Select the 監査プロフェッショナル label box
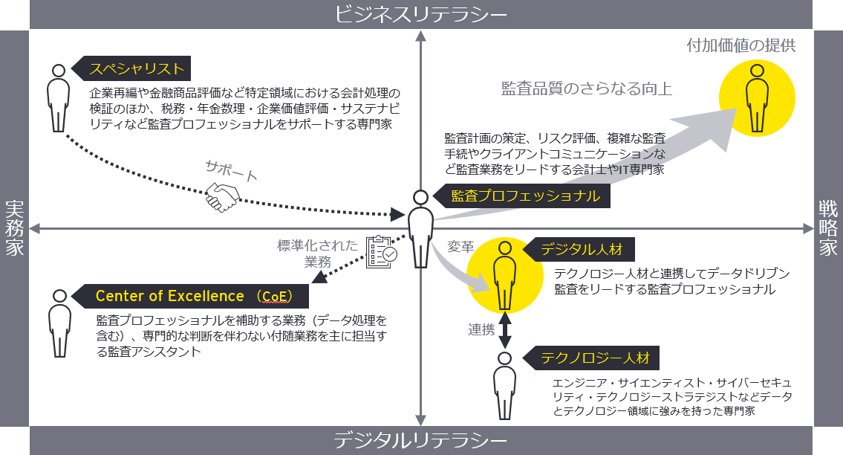coord(525,196)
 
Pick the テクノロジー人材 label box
coord(594,358)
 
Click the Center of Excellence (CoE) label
coord(193,296)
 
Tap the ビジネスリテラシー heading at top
coord(421,14)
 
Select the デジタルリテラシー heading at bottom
coord(421,441)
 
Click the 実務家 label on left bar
coord(14,227)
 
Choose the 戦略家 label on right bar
coord(828,227)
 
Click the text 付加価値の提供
coord(741,45)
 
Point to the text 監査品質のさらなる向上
coord(587,89)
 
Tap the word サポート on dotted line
coord(232,172)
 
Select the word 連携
coord(481,330)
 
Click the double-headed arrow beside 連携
coord(505,329)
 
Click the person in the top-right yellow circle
coord(756,97)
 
